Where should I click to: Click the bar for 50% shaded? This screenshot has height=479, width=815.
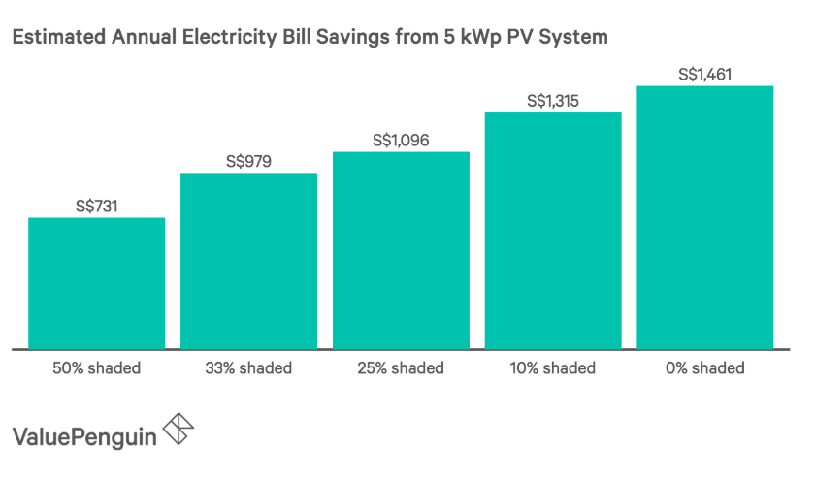96,282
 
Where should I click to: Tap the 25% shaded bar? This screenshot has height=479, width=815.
401,249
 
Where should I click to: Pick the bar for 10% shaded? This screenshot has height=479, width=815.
553,230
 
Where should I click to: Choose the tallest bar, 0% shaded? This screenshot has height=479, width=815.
704,216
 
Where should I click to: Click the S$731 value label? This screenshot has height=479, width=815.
96,206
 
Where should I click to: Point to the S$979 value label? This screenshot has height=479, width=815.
248,161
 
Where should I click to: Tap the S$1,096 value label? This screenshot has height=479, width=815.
401,140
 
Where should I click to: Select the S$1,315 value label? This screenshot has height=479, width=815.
553,100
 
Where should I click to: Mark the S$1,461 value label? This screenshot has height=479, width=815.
704,74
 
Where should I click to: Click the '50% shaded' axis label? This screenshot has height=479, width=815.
96,368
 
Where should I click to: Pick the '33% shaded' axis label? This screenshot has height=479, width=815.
248,368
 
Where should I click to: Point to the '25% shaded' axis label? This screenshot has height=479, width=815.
401,368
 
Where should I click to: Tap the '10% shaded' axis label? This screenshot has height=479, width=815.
553,368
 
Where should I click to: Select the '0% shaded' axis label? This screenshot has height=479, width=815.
704,368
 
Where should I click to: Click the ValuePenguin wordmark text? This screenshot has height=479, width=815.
84,435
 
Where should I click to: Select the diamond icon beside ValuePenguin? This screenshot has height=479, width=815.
179,431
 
